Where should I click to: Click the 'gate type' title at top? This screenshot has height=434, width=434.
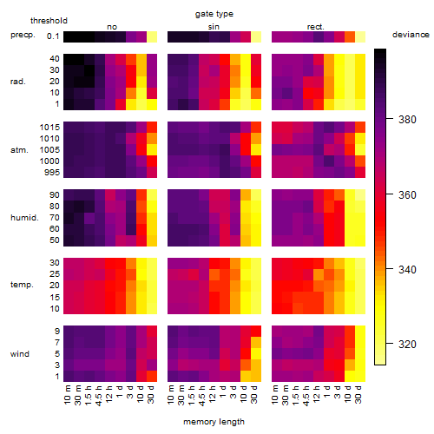(x=214, y=14)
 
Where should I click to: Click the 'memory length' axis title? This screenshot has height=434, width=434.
(x=214, y=422)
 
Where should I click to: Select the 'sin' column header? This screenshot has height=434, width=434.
(x=214, y=27)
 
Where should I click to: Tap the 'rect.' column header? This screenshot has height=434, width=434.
(x=315, y=27)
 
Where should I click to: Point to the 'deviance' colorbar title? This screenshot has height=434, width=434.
(x=411, y=35)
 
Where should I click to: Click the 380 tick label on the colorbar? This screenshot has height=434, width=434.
(x=407, y=119)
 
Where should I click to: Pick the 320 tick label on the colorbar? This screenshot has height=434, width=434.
(x=407, y=345)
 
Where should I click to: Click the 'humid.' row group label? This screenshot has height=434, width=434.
(x=24, y=218)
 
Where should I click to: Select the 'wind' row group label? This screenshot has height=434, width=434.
(x=20, y=354)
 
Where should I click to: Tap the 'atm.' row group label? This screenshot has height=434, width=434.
(x=19, y=150)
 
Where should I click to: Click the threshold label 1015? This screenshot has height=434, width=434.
(x=49, y=128)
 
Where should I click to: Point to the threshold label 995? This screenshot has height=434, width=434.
(x=52, y=173)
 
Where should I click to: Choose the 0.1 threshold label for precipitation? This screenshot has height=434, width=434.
(x=53, y=36)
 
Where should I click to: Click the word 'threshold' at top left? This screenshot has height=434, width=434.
(x=49, y=21)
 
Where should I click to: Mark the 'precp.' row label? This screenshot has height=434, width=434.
(x=23, y=36)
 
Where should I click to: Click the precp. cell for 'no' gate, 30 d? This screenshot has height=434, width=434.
(x=152, y=36)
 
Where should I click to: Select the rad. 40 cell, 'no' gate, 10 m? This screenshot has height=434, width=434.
(x=69, y=59)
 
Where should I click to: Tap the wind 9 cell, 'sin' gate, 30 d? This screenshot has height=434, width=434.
(x=256, y=332)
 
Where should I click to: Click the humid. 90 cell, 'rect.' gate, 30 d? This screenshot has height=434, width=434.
(x=360, y=195)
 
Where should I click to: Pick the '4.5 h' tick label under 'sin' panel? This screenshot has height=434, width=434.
(x=202, y=395)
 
